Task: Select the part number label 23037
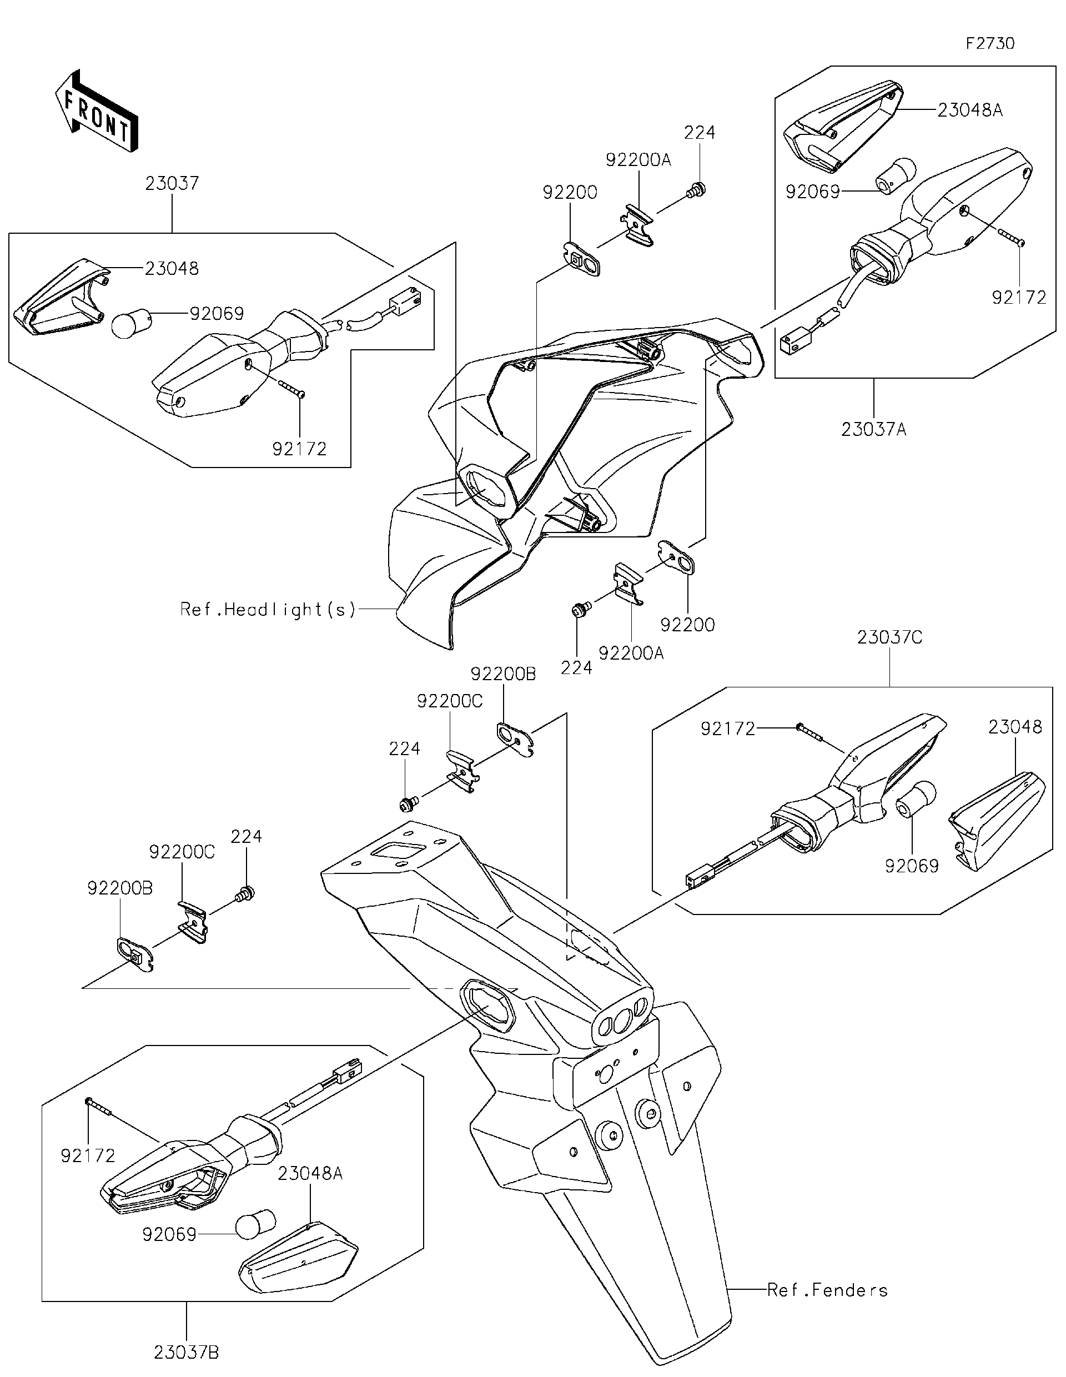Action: click(172, 184)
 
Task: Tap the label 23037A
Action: click(873, 430)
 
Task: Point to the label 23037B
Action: click(186, 1352)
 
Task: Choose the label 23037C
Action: click(889, 638)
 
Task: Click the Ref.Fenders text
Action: click(827, 1290)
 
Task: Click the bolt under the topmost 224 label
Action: click(698, 187)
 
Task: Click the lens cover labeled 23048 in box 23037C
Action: click(996, 820)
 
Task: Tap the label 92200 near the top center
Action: click(570, 192)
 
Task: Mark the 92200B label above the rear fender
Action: click(502, 675)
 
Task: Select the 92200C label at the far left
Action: click(182, 852)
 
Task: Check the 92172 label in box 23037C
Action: click(727, 729)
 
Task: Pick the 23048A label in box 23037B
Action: click(310, 1173)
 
